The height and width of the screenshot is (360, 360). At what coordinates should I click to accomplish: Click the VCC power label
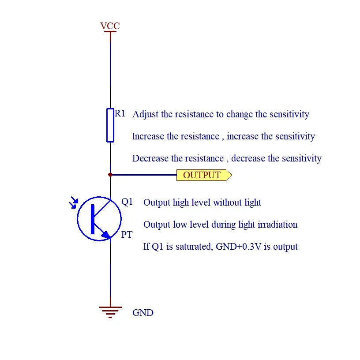[x=110, y=26]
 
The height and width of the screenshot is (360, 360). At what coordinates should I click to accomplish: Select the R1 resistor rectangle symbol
[x=110, y=125]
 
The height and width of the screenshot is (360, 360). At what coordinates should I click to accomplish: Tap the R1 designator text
[x=120, y=113]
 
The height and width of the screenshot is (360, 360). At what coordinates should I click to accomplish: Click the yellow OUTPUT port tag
[x=204, y=175]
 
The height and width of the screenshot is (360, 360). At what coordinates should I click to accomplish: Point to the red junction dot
[x=110, y=175]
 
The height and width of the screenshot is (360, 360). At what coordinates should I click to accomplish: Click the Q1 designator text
[x=127, y=202]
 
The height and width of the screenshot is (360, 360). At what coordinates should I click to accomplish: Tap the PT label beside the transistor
[x=127, y=235]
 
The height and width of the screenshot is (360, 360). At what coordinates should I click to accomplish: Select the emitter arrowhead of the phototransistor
[x=106, y=234]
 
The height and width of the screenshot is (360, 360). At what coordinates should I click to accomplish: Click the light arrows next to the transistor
[x=74, y=202]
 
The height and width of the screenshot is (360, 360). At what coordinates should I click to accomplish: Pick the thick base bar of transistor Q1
[x=93, y=219]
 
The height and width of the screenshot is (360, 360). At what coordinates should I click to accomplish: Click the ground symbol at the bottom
[x=110, y=312]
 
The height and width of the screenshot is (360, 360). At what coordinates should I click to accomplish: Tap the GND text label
[x=143, y=313]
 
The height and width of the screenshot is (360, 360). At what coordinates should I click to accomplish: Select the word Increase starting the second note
[x=148, y=136]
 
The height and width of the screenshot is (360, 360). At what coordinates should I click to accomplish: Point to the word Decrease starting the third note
[x=150, y=158]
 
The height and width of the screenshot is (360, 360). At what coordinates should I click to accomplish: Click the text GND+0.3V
[x=239, y=247]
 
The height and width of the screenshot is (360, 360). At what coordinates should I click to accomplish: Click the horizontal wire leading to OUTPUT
[x=143, y=175]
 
